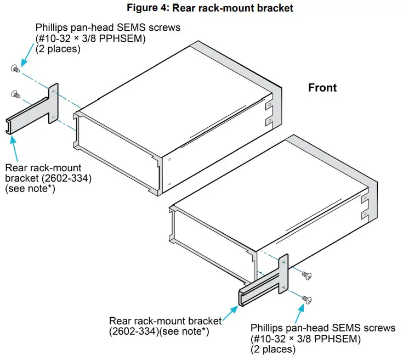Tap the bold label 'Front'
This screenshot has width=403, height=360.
(322, 88)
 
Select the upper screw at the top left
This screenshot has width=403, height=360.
(15, 68)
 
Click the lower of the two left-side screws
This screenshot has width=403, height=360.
(15, 94)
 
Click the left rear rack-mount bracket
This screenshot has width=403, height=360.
(33, 113)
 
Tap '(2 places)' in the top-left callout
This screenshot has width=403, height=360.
(58, 49)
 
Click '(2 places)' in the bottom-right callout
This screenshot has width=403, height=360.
(273, 349)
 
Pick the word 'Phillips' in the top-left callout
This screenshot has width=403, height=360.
(52, 27)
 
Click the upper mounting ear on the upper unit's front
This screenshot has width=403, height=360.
(268, 103)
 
